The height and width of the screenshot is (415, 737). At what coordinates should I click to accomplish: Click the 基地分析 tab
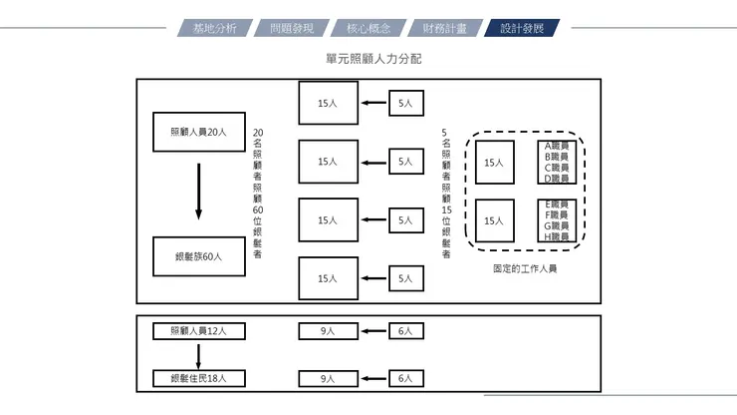[214, 28]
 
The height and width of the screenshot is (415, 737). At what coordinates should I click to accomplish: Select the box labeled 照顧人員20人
[199, 132]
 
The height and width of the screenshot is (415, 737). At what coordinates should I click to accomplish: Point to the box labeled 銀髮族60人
[199, 256]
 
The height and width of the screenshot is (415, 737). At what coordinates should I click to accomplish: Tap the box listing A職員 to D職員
[556, 162]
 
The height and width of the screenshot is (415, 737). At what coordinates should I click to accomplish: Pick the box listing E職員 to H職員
[556, 221]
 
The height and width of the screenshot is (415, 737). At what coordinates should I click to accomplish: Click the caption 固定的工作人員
[525, 269]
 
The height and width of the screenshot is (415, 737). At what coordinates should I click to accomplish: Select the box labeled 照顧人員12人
[199, 331]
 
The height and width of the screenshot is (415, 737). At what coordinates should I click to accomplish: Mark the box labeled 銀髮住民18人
[199, 378]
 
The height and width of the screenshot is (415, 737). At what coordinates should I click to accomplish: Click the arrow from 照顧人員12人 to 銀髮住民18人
[199, 354]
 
